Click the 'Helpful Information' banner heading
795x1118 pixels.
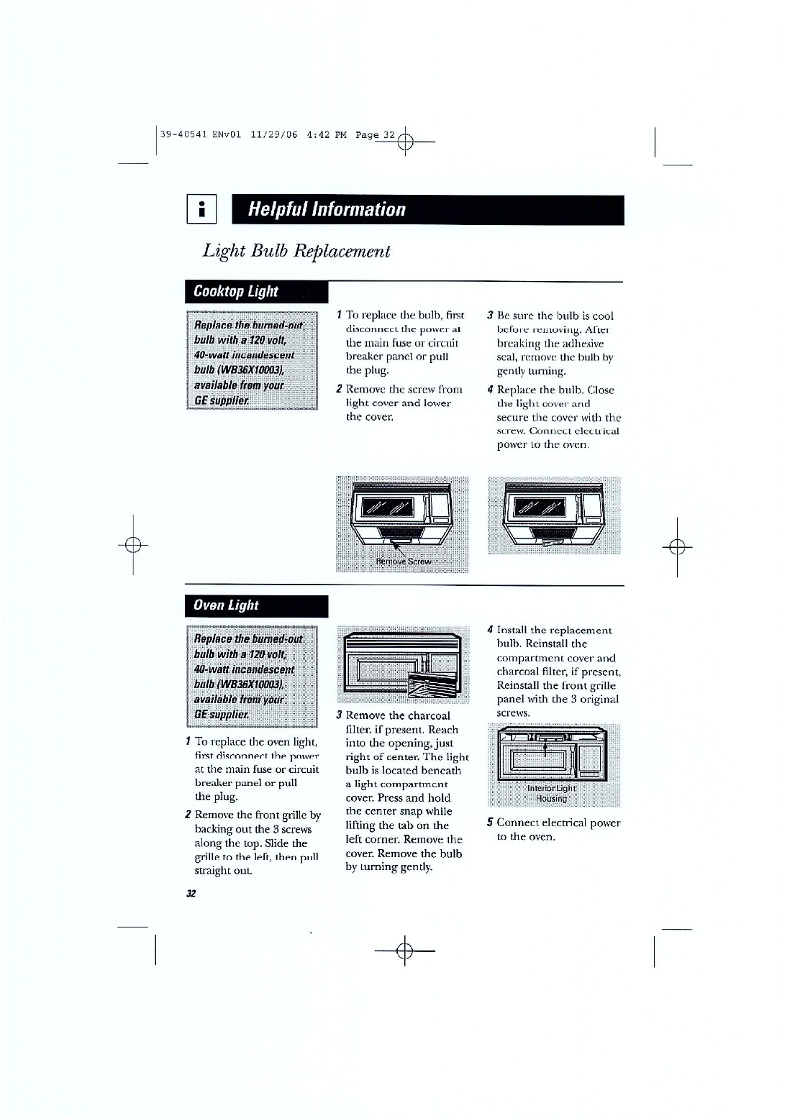coord(327,210)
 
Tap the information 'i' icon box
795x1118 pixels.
coord(202,210)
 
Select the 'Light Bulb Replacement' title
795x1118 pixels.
coord(296,251)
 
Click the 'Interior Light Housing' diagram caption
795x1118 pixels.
coord(547,793)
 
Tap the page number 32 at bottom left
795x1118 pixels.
coord(191,894)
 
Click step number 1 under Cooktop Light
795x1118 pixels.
coord(339,315)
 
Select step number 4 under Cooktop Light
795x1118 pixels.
coord(490,390)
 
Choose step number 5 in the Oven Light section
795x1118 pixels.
coord(489,823)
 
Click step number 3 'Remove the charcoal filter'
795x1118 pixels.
coord(339,715)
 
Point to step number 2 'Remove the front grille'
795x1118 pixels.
coord(188,815)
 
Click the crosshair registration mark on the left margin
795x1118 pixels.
coord(132,544)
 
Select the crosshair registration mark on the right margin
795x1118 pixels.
coord(676,546)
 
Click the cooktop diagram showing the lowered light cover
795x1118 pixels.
coord(554,516)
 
